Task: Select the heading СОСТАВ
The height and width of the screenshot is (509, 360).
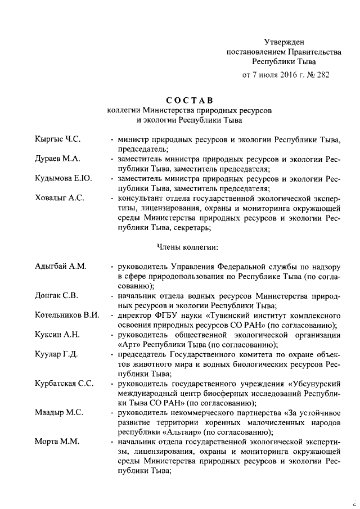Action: (x=189, y=100)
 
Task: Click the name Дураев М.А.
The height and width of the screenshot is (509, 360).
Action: (x=57, y=159)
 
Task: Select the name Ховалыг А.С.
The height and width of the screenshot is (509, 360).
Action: (x=58, y=199)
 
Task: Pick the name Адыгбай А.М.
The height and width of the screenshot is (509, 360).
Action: (x=60, y=266)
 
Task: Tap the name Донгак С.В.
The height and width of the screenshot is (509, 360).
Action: (x=56, y=296)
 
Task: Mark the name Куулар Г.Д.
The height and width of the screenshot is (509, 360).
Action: (x=56, y=355)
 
